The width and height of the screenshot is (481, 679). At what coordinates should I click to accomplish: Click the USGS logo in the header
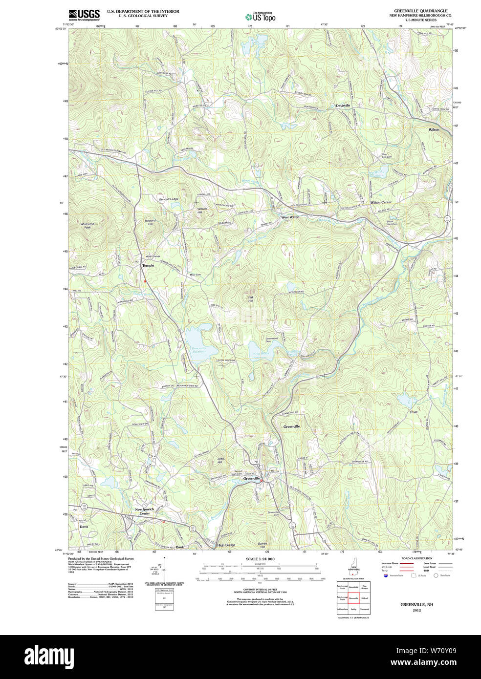coord(84,14)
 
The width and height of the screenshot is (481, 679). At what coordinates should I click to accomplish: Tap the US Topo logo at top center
coord(261,17)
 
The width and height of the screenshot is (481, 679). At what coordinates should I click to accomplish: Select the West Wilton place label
coord(290,217)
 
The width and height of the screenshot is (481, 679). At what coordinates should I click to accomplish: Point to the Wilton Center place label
coord(381,202)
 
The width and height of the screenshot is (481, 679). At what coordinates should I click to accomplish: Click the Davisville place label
coord(343,106)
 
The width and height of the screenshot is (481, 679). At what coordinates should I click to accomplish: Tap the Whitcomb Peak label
coord(87,225)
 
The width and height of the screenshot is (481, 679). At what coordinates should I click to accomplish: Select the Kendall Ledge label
coord(169,199)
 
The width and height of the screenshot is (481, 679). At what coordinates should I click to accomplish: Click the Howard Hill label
coord(150,222)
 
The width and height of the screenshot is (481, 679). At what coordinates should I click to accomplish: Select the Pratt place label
coord(414,412)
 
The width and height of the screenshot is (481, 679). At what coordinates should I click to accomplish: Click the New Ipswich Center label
coord(145,511)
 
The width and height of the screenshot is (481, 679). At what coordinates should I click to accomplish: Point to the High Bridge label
coord(226,545)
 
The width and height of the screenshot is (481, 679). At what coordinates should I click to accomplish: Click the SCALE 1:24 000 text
coord(260,559)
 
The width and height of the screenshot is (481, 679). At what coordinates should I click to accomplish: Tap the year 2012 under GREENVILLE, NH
coord(416,610)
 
